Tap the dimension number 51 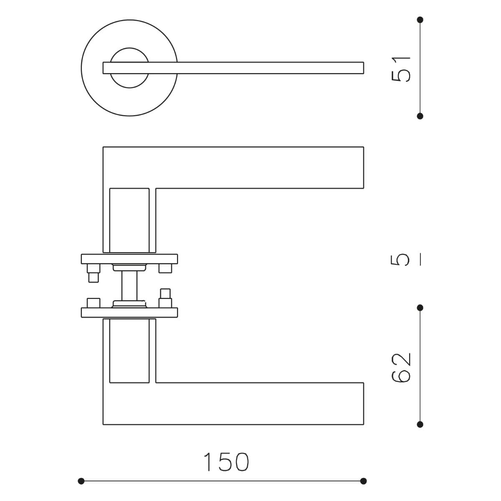pyautogui.click(x=401, y=69)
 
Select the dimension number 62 pyautogui.click(x=401, y=368)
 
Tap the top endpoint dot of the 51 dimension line pyautogui.click(x=420, y=20)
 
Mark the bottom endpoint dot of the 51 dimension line pyautogui.click(x=420, y=116)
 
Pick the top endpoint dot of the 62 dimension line pyautogui.click(x=420, y=308)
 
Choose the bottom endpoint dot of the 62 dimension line pyautogui.click(x=420, y=425)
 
